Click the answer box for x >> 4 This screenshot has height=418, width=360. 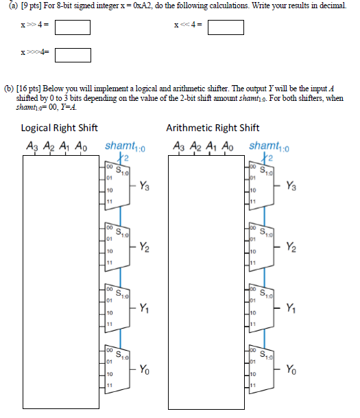[x=73, y=28]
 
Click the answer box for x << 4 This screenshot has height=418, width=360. [x=226, y=28]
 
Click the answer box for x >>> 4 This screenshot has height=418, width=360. [x=73, y=54]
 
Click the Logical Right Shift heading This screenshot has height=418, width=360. [x=60, y=128]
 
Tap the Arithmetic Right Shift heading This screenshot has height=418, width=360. [x=213, y=128]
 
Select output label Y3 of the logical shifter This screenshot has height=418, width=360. [x=145, y=185]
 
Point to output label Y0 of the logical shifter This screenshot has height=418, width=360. [x=145, y=371]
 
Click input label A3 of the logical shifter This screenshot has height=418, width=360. [x=32, y=146]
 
